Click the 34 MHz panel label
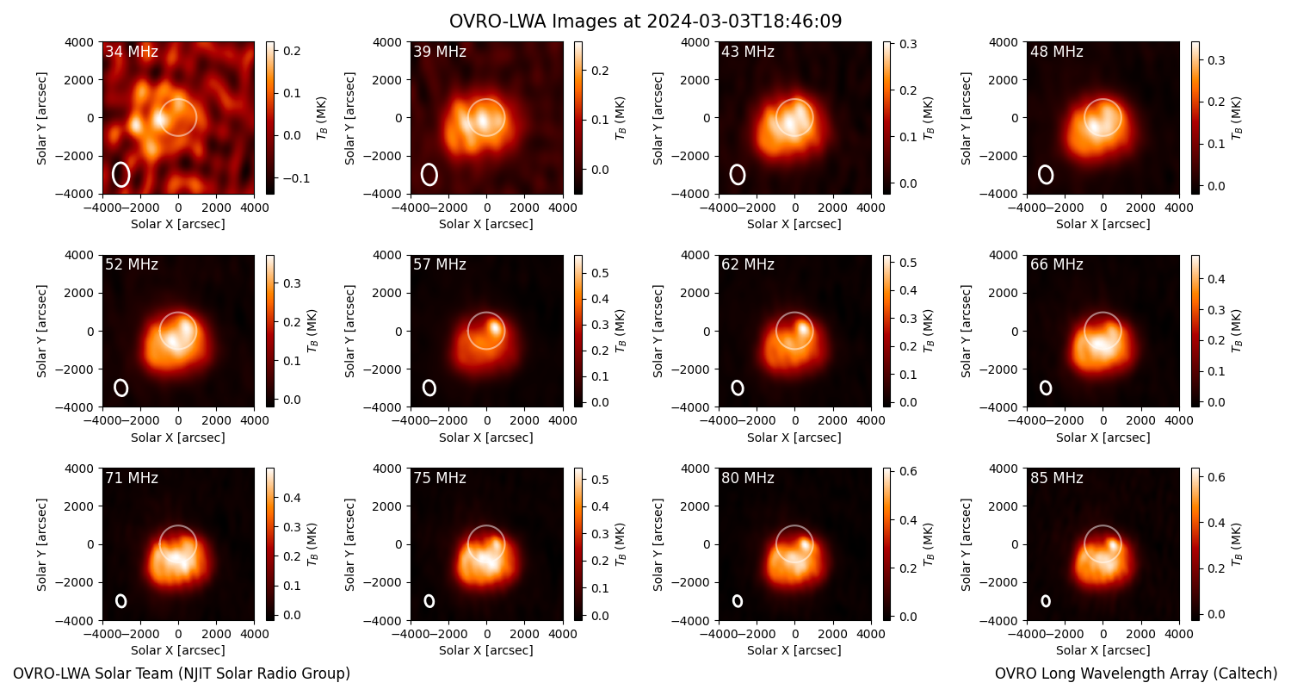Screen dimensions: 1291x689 click(x=132, y=52)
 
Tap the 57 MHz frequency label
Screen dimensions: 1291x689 click(x=440, y=264)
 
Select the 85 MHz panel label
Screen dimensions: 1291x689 click(x=1056, y=478)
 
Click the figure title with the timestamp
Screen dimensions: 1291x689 click(x=645, y=22)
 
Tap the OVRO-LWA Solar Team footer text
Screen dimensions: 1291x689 click(x=182, y=673)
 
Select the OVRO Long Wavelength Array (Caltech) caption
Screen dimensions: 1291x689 click(x=1136, y=673)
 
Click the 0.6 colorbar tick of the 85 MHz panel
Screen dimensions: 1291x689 click(x=1216, y=477)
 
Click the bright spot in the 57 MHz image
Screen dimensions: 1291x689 click(x=495, y=328)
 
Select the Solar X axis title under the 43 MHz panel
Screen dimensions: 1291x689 click(x=794, y=224)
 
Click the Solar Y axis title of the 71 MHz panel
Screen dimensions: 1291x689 click(x=41, y=544)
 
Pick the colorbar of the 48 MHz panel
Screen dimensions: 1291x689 click(x=1195, y=118)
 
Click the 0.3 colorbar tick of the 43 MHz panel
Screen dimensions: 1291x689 click(x=908, y=45)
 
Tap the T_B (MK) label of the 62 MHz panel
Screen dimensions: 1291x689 click(x=929, y=331)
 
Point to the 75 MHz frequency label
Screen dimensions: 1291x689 click(x=440, y=478)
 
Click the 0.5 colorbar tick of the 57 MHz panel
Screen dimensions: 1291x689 click(x=599, y=273)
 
